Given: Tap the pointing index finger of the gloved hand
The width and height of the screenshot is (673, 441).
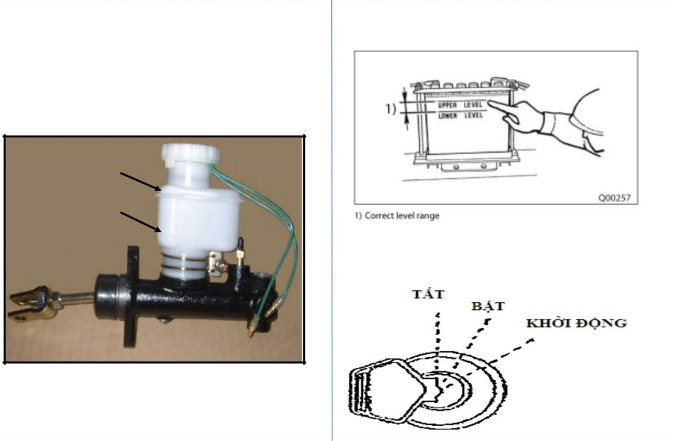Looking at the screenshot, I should pyautogui.click(x=503, y=107).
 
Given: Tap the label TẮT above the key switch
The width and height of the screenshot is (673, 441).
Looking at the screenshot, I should pyautogui.click(x=428, y=294).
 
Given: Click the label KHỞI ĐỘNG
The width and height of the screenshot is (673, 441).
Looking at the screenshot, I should pyautogui.click(x=576, y=323).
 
